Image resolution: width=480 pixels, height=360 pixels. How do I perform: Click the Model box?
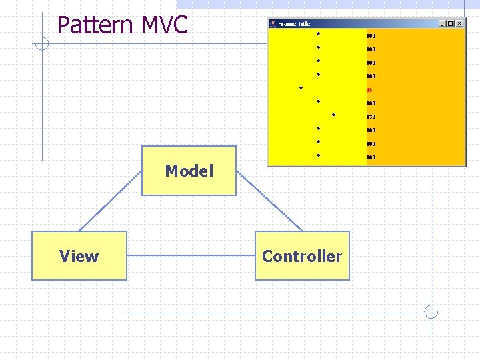coord(189,171)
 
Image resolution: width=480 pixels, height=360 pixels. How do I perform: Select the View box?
coord(79,255)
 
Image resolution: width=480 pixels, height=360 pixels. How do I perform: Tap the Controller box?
coord(302,255)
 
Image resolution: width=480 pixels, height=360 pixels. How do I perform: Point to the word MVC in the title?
coord(165,25)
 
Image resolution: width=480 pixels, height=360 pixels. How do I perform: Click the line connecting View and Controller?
coord(191,255)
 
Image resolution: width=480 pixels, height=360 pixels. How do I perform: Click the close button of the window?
coord(459,24)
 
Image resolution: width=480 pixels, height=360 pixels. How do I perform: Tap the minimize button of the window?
coord(443,24)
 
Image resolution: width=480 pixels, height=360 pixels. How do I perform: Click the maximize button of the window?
coord(451,24)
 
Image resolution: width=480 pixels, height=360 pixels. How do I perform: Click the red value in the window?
coord(369,89)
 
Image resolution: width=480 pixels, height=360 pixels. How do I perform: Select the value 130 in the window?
coord(371,117)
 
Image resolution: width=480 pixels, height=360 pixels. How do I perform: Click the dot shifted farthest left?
coord(301,87)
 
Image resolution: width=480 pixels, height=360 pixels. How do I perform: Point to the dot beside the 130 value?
coord(333,115)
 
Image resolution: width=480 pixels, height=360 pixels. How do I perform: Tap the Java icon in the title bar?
coord(273,24)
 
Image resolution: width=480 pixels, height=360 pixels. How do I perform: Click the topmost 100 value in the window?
coord(371,35)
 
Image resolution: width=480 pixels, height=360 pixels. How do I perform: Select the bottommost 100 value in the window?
coord(371,157)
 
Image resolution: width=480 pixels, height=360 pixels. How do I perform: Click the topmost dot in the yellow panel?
coord(319,33)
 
